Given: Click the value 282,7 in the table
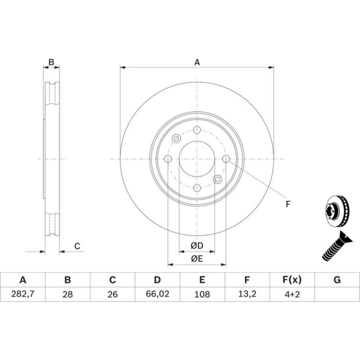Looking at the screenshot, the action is (23, 294).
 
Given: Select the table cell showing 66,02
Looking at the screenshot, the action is (158, 294).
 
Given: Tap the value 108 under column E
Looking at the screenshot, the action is (202, 294).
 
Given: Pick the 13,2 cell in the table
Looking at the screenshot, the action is (247, 294).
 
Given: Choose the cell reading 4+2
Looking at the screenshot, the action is (292, 294).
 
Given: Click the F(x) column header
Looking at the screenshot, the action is (292, 280).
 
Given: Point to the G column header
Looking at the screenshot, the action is (337, 280).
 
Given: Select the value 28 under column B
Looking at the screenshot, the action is (68, 294).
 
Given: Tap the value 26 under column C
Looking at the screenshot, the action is (113, 294).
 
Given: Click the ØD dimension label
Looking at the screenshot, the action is (197, 245).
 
